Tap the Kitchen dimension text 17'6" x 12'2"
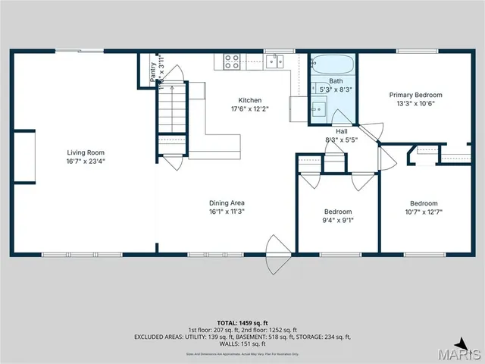pos(249,108)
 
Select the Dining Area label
pos(227,202)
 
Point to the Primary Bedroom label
pos(415,95)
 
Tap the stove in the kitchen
pos(231,62)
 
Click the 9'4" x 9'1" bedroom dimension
pos(338,221)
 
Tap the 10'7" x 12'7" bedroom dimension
pos(424,212)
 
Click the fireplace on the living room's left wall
pos(24,156)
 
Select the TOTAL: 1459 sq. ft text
pos(242,322)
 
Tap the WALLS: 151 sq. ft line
pos(242,344)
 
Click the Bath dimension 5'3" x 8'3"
pos(336,89)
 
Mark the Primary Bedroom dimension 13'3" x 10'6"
pos(415,104)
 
